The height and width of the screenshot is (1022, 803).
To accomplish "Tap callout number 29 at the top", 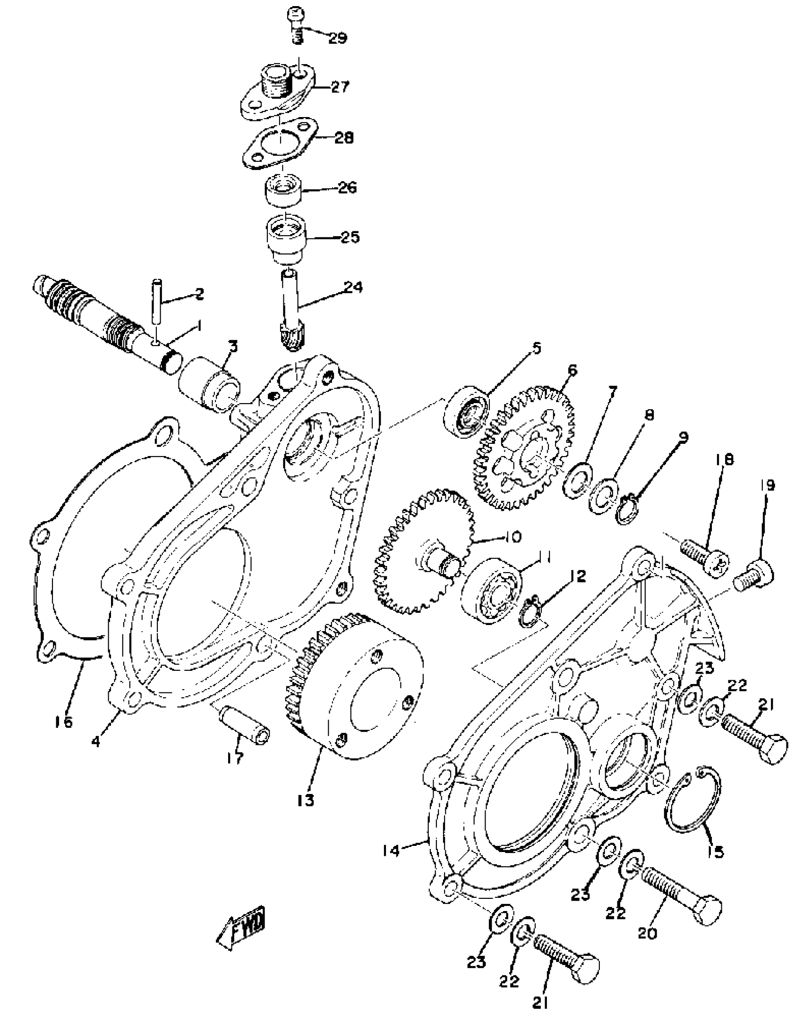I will (x=337, y=38).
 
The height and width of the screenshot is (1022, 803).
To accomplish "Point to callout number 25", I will (x=350, y=236).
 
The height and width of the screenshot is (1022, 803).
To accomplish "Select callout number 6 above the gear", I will (x=572, y=371).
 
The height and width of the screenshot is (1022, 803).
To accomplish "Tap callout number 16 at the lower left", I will (x=63, y=722).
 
